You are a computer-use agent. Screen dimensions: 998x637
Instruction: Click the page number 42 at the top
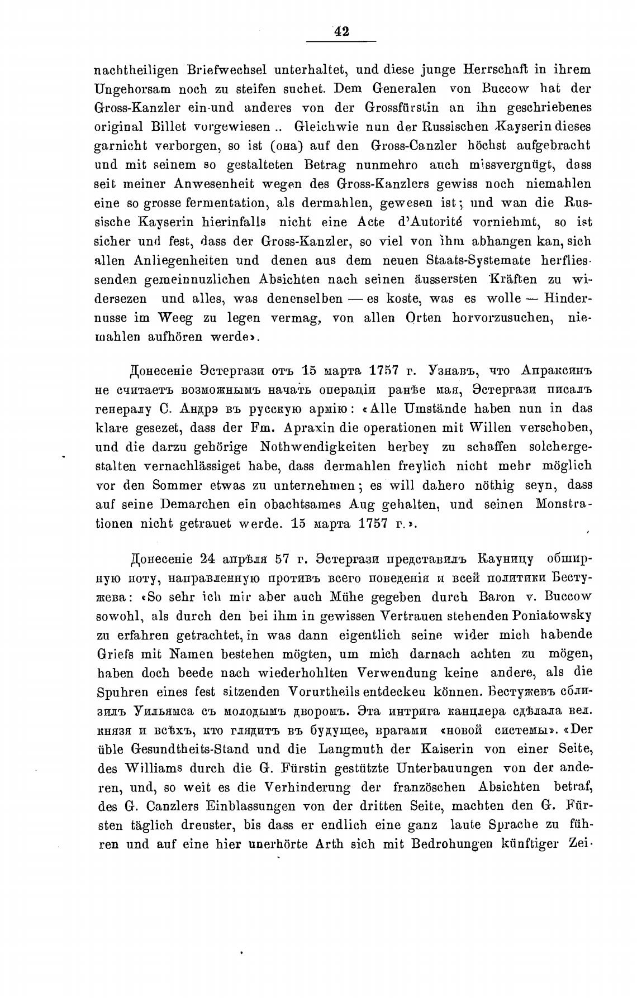coord(341,32)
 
